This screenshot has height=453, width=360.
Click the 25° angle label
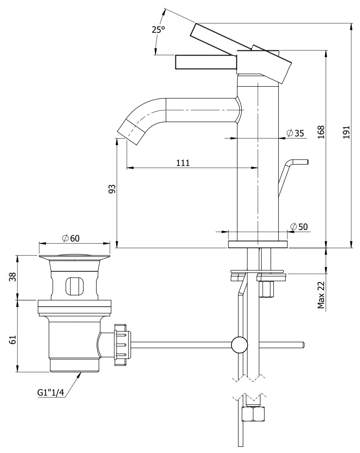158,30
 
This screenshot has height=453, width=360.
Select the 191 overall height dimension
347,132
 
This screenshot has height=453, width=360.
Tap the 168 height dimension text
321,132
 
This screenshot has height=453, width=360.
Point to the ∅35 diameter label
295,133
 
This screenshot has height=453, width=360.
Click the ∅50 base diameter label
299,227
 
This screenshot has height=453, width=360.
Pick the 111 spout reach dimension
183,163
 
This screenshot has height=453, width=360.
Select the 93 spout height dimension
112,189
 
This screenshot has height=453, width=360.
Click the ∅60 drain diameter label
71,238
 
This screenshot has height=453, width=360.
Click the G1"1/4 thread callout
51,392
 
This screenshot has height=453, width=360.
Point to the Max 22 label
321,295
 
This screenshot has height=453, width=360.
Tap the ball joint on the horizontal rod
239,345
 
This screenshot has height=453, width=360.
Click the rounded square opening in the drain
75,286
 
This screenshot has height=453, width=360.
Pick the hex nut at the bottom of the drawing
253,414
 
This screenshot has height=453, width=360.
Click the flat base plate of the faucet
258,244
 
